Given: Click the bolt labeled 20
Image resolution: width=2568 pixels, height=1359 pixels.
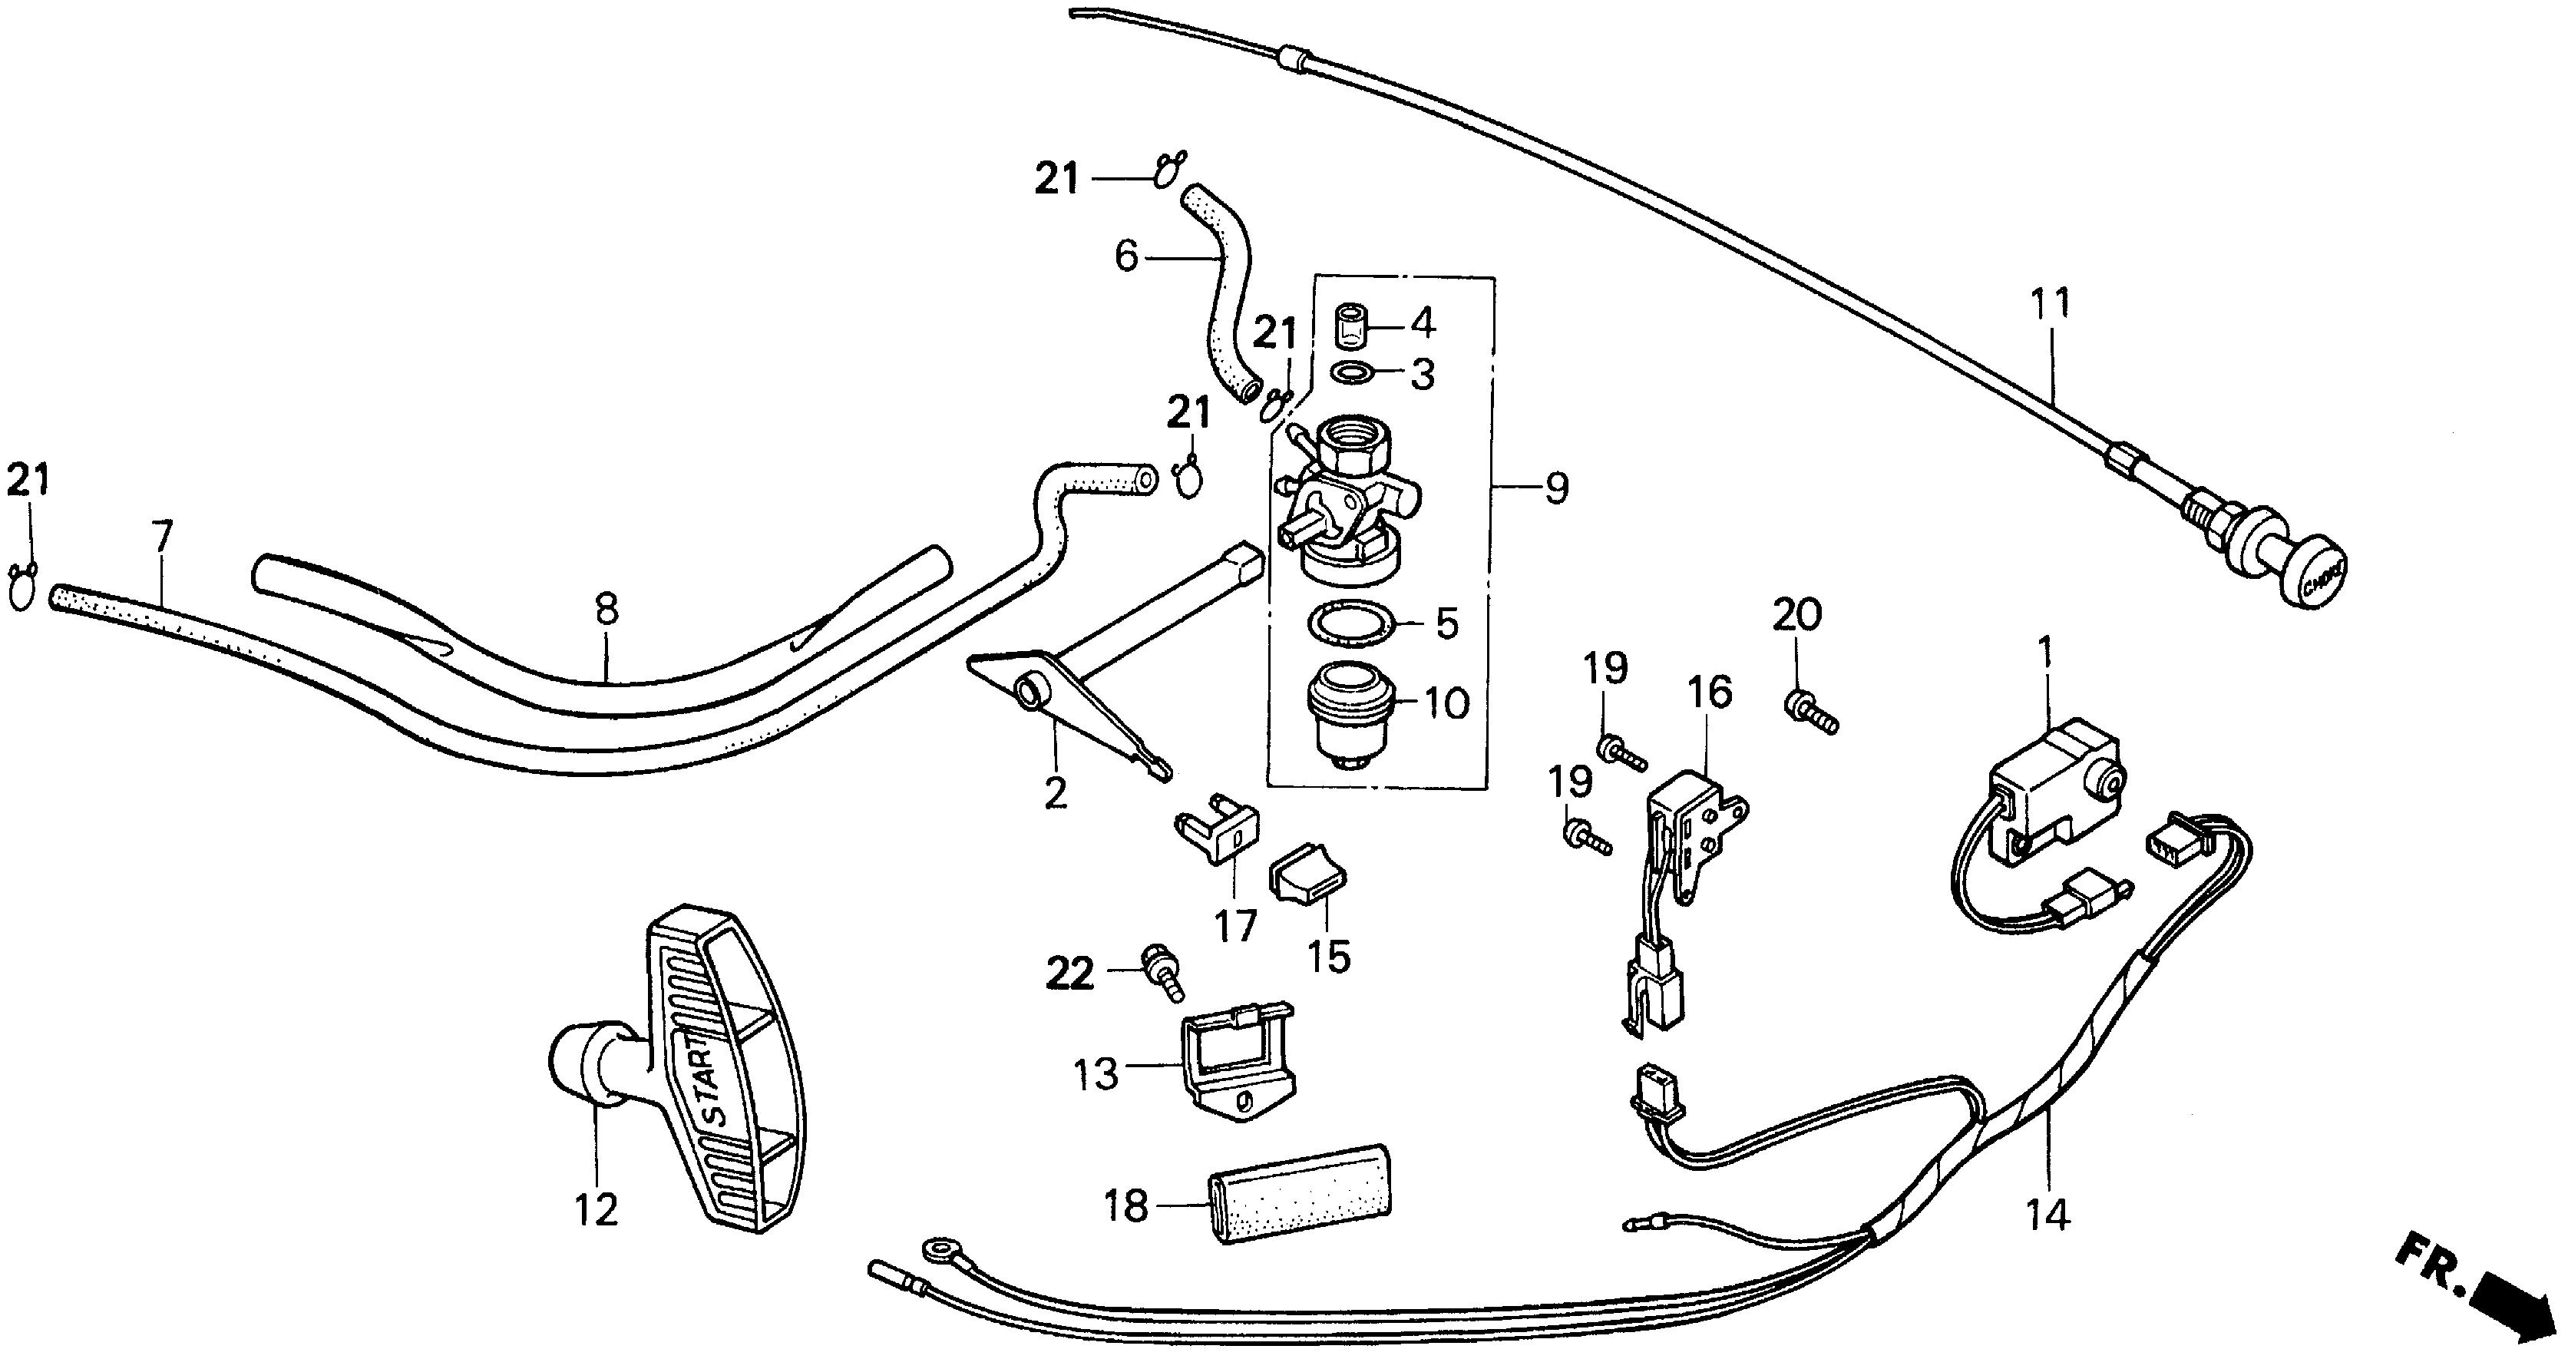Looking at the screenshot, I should pos(1809,712).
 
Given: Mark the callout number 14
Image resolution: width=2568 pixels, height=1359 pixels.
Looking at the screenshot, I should pos(2047,1215).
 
